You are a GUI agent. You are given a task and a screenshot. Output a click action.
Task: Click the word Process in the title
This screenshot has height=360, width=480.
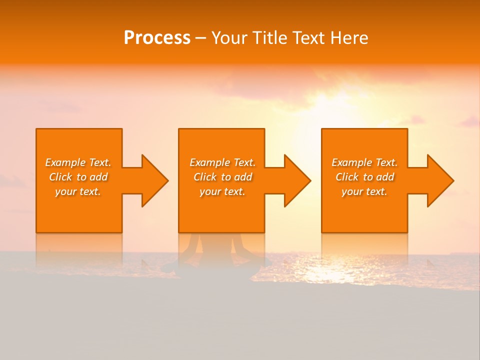click(x=157, y=38)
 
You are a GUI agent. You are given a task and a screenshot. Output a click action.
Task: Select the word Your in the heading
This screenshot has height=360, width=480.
click(x=230, y=38)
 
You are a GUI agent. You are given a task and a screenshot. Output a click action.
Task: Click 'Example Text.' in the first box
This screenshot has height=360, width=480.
click(x=78, y=162)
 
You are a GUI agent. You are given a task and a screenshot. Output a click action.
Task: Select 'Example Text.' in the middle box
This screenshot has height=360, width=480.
click(x=222, y=162)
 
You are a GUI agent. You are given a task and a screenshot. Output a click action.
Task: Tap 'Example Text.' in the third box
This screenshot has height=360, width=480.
click(x=364, y=162)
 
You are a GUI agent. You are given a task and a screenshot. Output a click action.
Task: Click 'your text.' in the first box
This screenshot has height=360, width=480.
click(x=78, y=191)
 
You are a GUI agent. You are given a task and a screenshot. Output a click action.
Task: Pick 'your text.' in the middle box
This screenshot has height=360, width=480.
click(x=222, y=191)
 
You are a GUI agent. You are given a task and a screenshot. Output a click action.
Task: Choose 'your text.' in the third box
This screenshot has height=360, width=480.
click(x=364, y=191)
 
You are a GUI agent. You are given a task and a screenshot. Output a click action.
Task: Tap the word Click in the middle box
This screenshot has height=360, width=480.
click(x=205, y=177)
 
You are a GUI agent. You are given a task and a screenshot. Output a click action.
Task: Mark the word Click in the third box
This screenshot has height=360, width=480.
click(x=347, y=177)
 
